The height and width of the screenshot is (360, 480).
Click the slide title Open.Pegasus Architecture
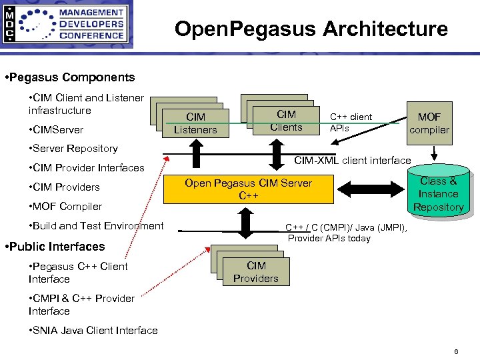[x=311, y=29]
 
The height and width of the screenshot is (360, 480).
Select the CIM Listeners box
[x=195, y=124]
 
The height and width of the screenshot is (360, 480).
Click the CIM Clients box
[x=286, y=121]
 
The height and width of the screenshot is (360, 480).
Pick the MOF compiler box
[x=429, y=123]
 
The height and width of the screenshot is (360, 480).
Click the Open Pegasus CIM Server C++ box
[x=248, y=189]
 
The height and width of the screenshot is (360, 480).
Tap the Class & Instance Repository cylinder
[x=438, y=194]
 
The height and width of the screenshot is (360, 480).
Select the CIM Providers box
[x=255, y=272]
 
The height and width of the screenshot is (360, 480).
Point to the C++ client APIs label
[x=351, y=123]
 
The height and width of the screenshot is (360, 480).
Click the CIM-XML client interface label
[x=353, y=160]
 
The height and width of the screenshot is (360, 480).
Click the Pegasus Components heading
[x=69, y=77]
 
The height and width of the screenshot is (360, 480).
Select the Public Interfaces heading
[x=55, y=247]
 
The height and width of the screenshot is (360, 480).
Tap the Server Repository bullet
[x=73, y=149]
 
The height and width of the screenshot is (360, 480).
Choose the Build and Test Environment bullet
[x=96, y=225]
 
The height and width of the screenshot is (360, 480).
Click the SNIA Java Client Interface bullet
[x=93, y=331]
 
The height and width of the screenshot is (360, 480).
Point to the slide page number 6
[x=455, y=351]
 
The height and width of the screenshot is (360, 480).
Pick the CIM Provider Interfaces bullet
[x=87, y=168]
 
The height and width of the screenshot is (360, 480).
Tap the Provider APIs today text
[x=329, y=238]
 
